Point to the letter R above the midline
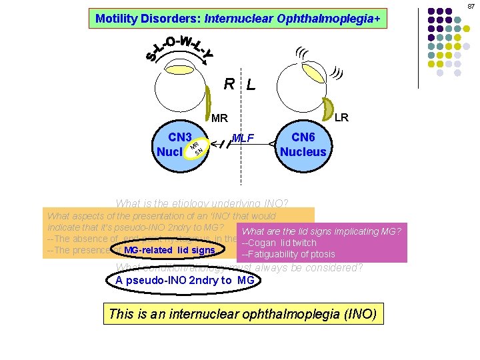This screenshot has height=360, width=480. pos(229,84)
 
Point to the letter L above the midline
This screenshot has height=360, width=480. pos(251,85)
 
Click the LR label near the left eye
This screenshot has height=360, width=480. pos(341,117)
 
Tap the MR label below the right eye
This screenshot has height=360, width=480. pos(219,119)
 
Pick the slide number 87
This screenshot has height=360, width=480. pos(470,6)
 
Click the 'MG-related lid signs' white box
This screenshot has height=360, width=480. pos(169,250)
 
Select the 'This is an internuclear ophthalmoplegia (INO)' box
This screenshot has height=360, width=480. pos(243,313)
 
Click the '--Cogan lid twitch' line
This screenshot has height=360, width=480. pos(279,243)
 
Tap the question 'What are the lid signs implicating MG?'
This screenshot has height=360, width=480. pos(321,231)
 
